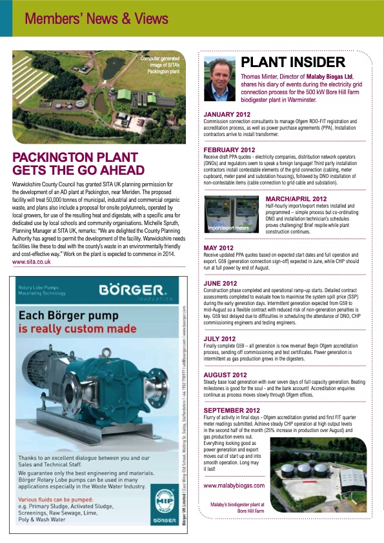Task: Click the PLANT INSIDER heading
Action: [x=293, y=63]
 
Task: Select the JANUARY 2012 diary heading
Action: [x=227, y=115]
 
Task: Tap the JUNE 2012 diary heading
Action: [x=220, y=283]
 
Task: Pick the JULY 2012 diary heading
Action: [x=219, y=339]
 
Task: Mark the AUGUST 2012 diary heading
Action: [x=226, y=375]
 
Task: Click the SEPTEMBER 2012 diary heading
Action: [x=232, y=410]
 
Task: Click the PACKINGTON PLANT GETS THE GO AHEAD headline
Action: [x=79, y=163]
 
